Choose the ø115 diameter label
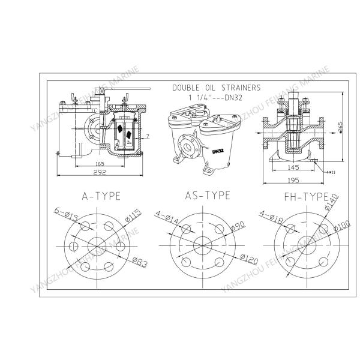click(134, 214)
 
